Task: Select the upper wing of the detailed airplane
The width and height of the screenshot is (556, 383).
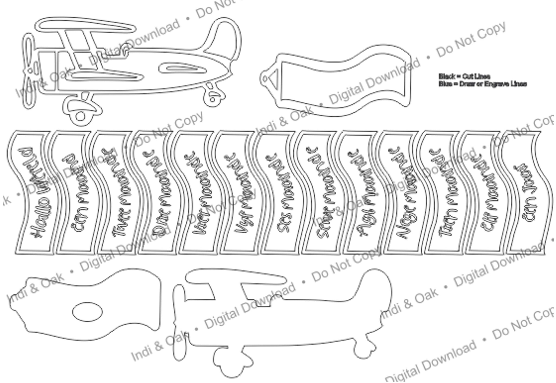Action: [87, 26]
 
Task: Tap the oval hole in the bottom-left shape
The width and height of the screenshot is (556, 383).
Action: [87, 311]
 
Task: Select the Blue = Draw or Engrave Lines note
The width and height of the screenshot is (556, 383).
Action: [483, 84]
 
